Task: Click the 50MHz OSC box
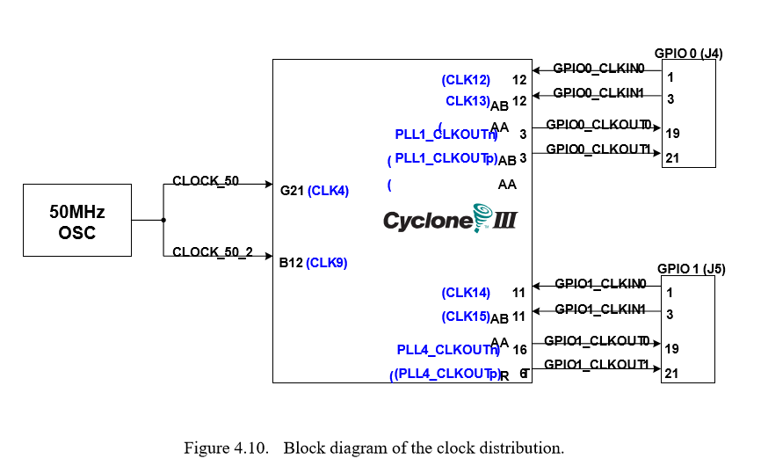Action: pos(77,221)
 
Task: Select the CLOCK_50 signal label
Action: pos(206,181)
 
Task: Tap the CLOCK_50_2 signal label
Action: pos(213,252)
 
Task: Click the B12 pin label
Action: pos(291,262)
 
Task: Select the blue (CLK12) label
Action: pos(466,80)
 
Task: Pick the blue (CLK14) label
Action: pos(466,293)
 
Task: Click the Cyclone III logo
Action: pos(450,219)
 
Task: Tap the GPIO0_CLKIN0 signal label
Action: pos(598,69)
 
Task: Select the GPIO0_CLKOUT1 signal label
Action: pos(598,149)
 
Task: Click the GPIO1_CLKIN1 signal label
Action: pos(600,309)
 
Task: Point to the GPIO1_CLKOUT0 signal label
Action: pos(597,341)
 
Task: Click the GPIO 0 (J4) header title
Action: pos(688,54)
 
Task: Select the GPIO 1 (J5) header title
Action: pos(691,269)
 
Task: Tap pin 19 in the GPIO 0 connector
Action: pos(672,134)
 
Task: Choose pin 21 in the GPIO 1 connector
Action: pos(672,374)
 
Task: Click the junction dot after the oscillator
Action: pos(163,221)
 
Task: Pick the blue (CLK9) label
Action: pos(327,262)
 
